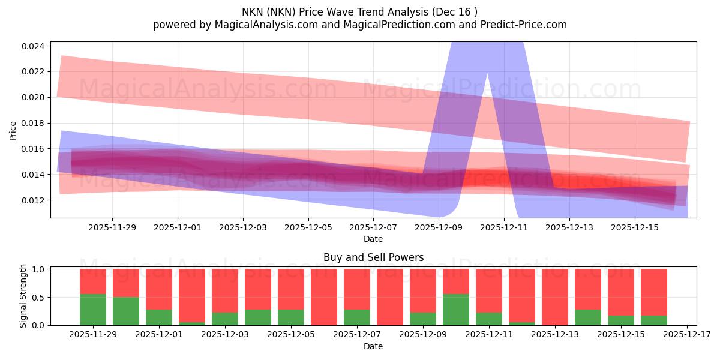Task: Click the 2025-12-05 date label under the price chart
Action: click(308, 228)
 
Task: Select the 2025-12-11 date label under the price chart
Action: click(504, 228)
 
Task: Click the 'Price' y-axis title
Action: click(13, 130)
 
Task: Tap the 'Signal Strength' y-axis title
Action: click(23, 296)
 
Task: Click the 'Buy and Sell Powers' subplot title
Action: click(373, 257)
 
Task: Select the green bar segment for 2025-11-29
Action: click(93, 310)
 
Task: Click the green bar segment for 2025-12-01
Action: click(159, 317)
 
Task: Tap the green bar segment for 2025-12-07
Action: click(357, 317)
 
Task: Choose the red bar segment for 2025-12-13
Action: click(555, 297)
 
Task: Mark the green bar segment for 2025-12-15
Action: click(621, 320)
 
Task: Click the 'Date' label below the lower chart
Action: click(373, 346)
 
